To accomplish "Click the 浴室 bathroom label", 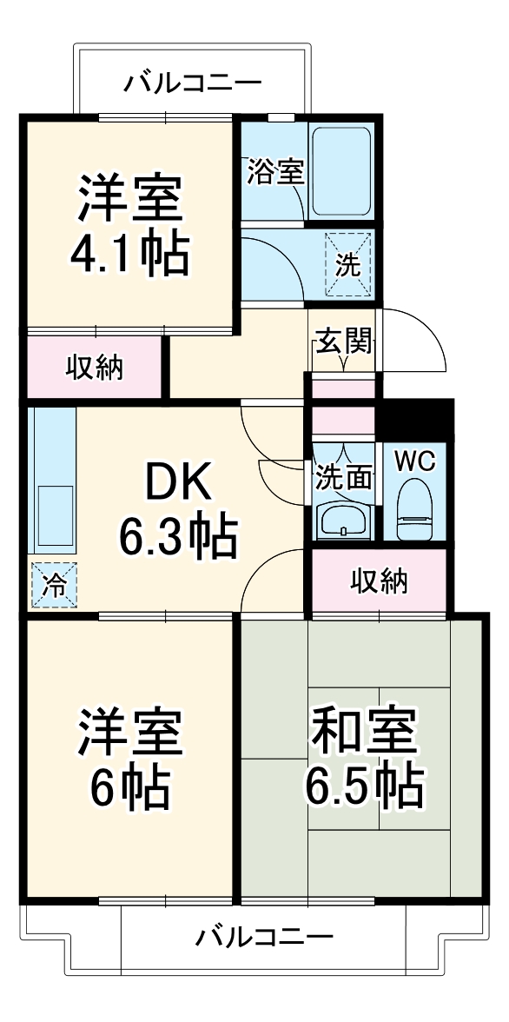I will [x=275, y=172].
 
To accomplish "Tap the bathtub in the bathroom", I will [x=341, y=172].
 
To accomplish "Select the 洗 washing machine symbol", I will [x=347, y=265].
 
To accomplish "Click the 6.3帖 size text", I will [x=177, y=539].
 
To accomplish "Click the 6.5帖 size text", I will [x=364, y=787].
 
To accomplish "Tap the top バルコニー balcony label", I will [x=192, y=83].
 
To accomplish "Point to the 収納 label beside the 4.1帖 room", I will [x=96, y=368].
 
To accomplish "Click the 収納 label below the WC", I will [x=380, y=580].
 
